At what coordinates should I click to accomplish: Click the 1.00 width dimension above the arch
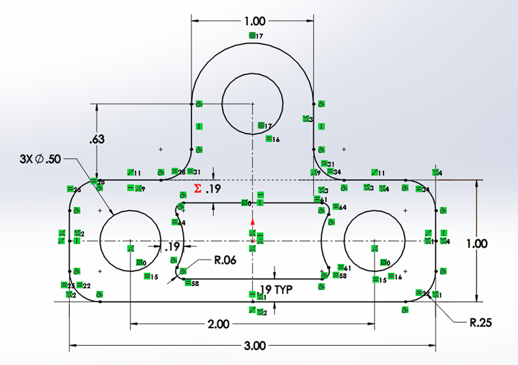(252, 21)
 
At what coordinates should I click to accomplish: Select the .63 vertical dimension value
(97, 140)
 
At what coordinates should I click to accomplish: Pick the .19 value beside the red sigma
(212, 189)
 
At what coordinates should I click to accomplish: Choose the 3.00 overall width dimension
(254, 345)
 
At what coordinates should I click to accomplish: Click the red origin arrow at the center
(252, 222)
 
